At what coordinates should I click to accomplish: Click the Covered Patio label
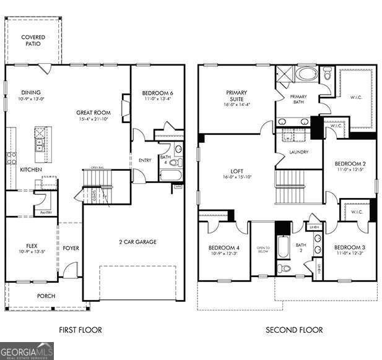pyautogui.click(x=33, y=41)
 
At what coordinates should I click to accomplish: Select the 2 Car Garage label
pyautogui.click(x=137, y=242)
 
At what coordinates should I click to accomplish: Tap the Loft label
pyautogui.click(x=237, y=173)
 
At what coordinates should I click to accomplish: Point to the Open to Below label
pyautogui.click(x=263, y=251)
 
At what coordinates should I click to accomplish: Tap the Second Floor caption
pyautogui.click(x=294, y=330)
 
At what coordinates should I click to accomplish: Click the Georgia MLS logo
pyautogui.click(x=27, y=351)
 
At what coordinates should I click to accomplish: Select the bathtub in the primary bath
pyautogui.click(x=304, y=74)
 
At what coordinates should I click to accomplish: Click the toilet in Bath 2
pyautogui.click(x=284, y=268)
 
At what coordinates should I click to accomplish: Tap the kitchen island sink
pyautogui.click(x=40, y=147)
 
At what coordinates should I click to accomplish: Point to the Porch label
pyautogui.click(x=46, y=296)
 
